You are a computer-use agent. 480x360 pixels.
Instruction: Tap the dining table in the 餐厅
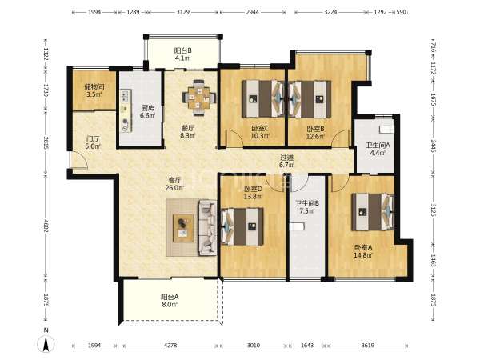[199, 98]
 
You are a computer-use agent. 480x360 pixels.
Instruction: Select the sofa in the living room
[208, 227]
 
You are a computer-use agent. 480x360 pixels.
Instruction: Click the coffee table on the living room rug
[183, 228]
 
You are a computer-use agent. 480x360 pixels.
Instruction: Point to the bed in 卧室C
[263, 99]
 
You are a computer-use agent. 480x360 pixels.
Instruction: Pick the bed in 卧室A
[373, 211]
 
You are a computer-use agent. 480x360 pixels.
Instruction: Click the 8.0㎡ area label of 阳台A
[170, 304]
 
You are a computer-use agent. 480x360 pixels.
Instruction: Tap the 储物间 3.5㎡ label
[94, 90]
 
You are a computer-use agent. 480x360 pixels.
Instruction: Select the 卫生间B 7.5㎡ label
[307, 207]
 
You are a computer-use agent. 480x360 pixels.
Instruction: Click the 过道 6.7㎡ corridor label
[287, 162]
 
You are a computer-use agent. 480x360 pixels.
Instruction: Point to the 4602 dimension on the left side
[46, 226]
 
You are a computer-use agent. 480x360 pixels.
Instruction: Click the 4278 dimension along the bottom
[170, 346]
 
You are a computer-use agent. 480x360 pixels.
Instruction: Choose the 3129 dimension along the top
[183, 12]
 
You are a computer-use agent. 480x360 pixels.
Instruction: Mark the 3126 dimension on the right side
[433, 210]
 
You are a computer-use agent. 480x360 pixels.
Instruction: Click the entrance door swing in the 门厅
[78, 160]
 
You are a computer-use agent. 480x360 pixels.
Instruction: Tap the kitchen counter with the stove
[126, 111]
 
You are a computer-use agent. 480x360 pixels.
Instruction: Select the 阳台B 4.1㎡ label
[183, 54]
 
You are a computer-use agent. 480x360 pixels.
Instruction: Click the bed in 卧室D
[242, 226]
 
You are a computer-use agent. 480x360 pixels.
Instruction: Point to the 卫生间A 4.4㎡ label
[378, 149]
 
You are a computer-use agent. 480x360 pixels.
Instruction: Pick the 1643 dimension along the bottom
[307, 346]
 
